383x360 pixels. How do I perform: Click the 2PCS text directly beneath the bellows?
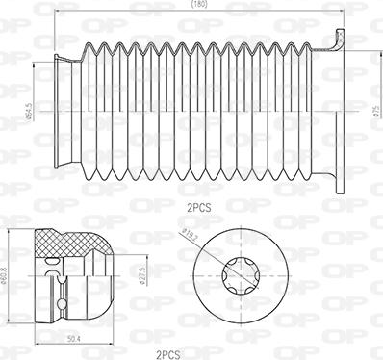point(200,205)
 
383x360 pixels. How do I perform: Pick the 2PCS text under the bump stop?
point(168,353)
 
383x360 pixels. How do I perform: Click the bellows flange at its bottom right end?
point(338,183)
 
